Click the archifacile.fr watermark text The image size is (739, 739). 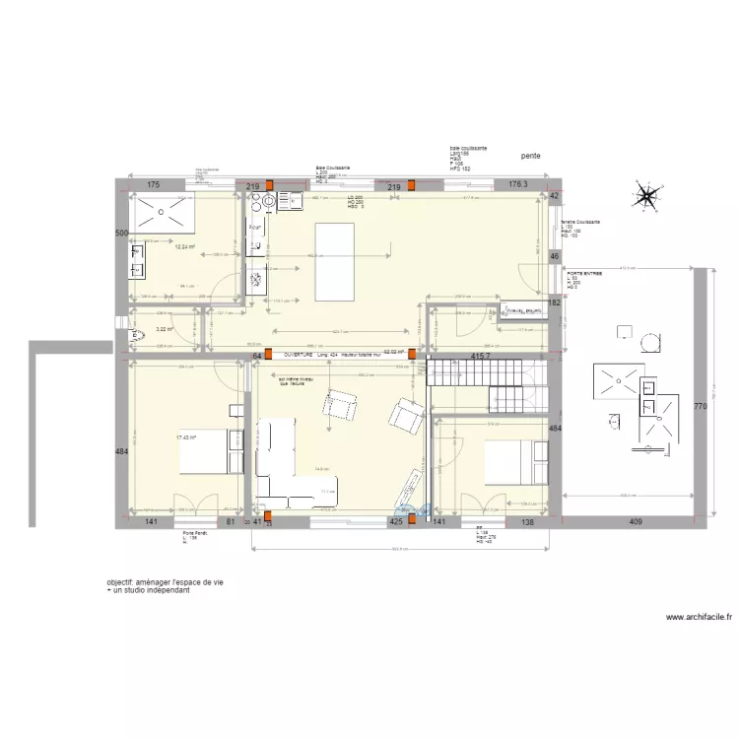click(700, 618)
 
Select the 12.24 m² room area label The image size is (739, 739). click(184, 247)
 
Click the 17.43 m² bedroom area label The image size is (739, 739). click(186, 437)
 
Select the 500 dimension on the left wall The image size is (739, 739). click(121, 234)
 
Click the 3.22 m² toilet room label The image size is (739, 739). click(164, 330)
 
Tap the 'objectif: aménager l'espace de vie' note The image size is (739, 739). click(165, 583)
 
